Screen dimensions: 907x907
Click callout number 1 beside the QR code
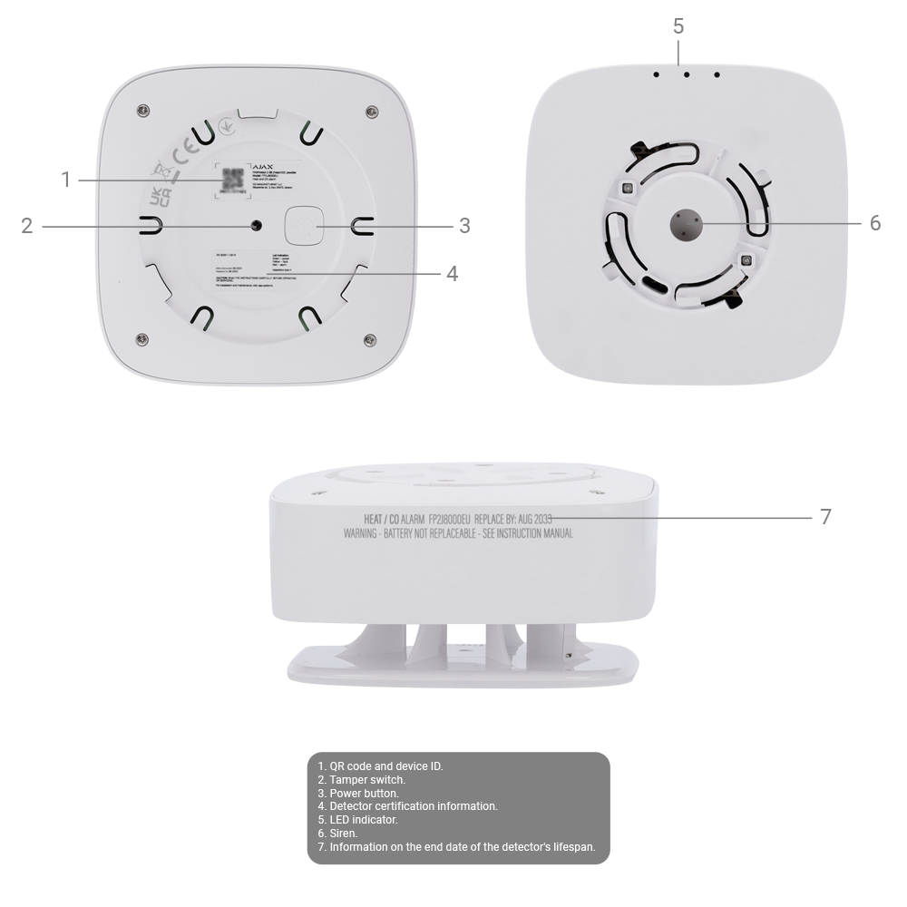click(x=65, y=180)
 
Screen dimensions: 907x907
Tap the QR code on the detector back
click(x=233, y=180)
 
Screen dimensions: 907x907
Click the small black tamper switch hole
click(x=258, y=225)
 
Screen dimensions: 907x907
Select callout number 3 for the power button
click(x=463, y=225)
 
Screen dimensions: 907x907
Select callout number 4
click(x=452, y=273)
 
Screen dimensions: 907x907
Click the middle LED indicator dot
click(x=687, y=75)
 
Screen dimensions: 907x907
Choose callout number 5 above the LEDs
click(x=678, y=26)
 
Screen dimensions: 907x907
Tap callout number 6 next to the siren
click(x=874, y=223)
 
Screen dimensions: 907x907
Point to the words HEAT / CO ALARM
click(x=388, y=519)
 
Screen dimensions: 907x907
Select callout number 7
click(x=824, y=517)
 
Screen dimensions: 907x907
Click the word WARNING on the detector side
click(x=364, y=533)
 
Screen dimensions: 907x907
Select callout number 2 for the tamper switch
click(x=27, y=225)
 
